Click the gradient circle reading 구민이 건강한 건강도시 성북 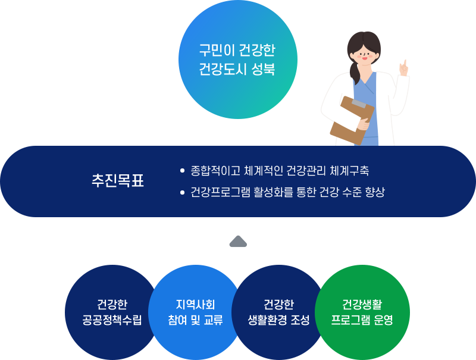(x=237, y=60)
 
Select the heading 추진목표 (x=118, y=181)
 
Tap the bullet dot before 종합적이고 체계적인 (x=182, y=171)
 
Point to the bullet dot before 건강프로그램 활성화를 (x=182, y=192)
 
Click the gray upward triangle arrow (x=239, y=242)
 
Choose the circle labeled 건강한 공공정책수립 (x=112, y=312)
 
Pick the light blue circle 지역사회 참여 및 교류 (x=195, y=312)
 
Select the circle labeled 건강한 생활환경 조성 (x=278, y=312)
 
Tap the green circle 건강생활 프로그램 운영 (x=362, y=312)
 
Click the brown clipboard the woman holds (x=352, y=120)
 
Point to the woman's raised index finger (x=405, y=64)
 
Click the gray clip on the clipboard (x=359, y=104)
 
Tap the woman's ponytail (x=355, y=73)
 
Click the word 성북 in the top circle (x=263, y=69)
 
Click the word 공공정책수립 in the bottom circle (x=112, y=320)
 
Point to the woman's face (x=364, y=55)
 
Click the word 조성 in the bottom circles (x=300, y=320)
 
